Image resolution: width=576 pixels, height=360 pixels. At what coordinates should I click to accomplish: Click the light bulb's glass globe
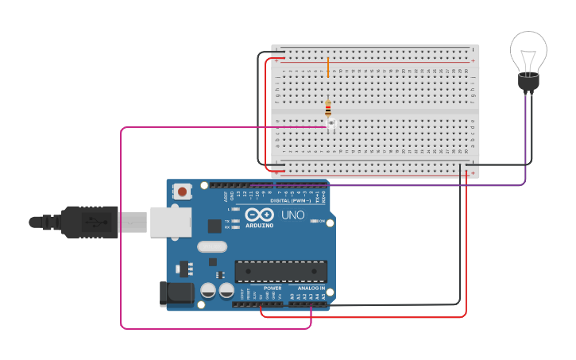coord(528,52)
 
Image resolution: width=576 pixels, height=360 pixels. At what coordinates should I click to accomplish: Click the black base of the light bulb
coord(528,81)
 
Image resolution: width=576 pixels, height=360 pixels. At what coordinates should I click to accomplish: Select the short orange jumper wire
coord(327,67)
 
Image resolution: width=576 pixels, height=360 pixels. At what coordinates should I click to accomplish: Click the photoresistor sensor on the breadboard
coord(331,123)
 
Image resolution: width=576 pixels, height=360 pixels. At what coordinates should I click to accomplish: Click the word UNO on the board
coord(292,215)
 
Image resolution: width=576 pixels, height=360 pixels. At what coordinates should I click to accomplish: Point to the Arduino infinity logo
coord(259,215)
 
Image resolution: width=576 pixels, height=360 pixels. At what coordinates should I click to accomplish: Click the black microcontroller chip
coord(280,271)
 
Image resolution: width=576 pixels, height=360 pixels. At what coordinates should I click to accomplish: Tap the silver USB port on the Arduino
coord(171,222)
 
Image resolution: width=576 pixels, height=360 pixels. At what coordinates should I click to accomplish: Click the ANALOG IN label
coord(311,288)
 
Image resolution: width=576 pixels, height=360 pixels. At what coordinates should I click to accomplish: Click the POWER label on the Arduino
coord(273,288)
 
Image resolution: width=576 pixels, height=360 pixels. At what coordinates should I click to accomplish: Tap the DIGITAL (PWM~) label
coord(289,201)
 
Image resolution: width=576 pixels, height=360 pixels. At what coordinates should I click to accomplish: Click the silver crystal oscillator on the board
coord(212,247)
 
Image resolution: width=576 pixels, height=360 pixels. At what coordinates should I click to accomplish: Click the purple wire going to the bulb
coord(525,143)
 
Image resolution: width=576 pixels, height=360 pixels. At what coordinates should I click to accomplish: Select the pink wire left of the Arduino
coord(121,238)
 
